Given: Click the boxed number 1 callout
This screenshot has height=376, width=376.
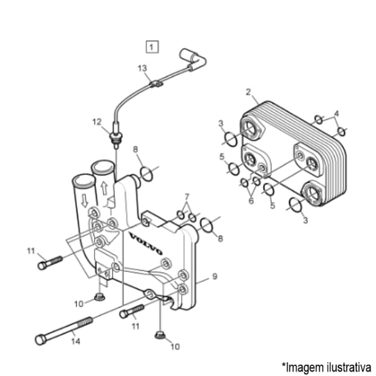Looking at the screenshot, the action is pyautogui.click(x=152, y=47).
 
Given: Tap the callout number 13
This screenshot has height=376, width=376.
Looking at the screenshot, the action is pyautogui.click(x=142, y=68).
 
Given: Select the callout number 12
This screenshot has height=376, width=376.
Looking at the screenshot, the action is pyautogui.click(x=97, y=122).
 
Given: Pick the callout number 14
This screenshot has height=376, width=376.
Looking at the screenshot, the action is pyautogui.click(x=76, y=341).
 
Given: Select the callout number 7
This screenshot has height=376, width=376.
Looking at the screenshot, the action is pyautogui.click(x=187, y=197).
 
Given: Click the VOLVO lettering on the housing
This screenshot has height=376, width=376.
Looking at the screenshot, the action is pyautogui.click(x=146, y=243).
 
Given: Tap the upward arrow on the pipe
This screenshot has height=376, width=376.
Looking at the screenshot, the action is pyautogui.click(x=104, y=188).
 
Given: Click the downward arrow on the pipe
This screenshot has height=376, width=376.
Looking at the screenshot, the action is pyautogui.click(x=85, y=201).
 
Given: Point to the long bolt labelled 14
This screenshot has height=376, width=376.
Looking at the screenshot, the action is pyautogui.click(x=64, y=331).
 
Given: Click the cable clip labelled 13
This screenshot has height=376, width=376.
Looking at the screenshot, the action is pyautogui.click(x=156, y=84).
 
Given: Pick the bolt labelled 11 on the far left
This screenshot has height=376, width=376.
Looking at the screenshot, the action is pyautogui.click(x=50, y=263).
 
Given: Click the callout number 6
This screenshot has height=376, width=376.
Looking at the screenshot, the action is pyautogui.click(x=251, y=201).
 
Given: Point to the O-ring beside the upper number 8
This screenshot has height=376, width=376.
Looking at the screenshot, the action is pyautogui.click(x=146, y=174).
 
